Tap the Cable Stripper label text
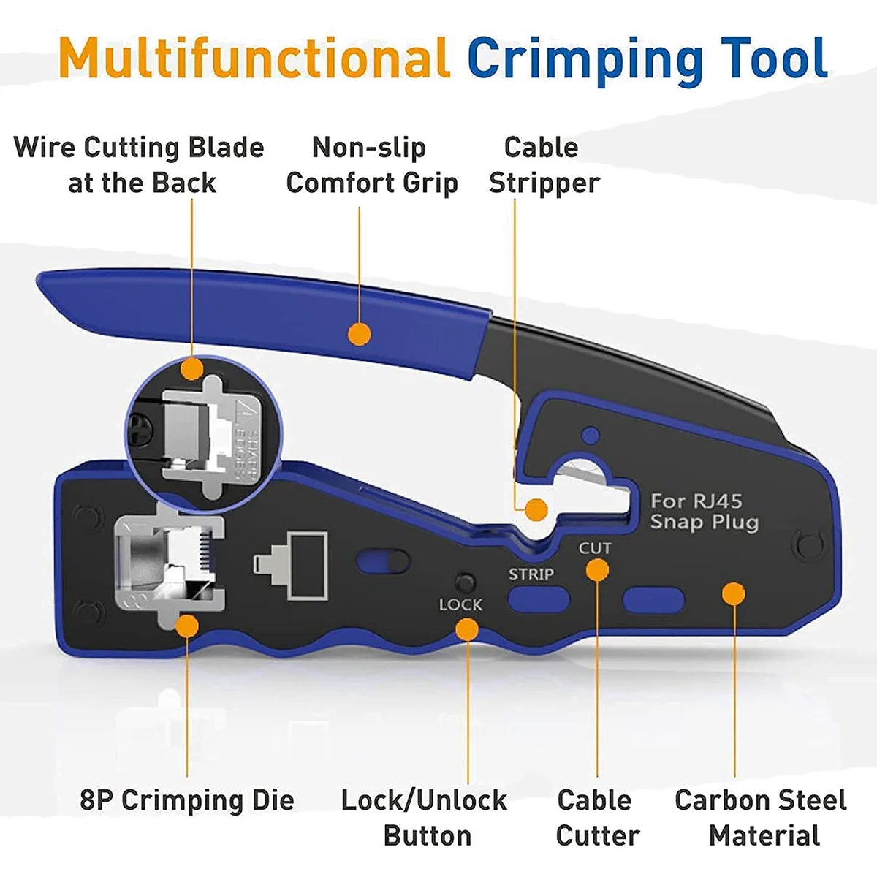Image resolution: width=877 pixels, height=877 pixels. (x=543, y=165)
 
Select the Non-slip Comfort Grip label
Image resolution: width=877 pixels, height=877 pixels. (x=371, y=165)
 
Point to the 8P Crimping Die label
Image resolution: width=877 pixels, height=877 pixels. (x=187, y=800)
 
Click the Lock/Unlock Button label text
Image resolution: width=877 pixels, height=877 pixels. (x=425, y=818)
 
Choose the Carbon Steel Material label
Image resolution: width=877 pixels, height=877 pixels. (x=761, y=818)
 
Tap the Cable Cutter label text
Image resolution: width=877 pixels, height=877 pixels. (x=596, y=818)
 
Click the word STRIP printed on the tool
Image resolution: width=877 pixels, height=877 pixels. (x=531, y=574)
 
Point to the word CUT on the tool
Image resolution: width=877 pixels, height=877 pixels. (x=595, y=548)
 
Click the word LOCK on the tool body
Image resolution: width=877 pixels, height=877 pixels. (x=460, y=605)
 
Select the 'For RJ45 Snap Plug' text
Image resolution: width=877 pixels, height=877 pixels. (x=704, y=512)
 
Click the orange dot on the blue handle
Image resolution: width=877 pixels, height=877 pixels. (x=359, y=334)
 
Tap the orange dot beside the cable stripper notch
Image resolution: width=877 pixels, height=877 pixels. (x=536, y=509)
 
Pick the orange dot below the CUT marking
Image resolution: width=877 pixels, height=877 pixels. (x=597, y=570)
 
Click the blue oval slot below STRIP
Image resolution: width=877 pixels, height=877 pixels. (x=538, y=600)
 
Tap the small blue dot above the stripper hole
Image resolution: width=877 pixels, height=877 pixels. (x=590, y=436)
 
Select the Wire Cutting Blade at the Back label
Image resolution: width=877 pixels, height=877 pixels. (x=140, y=165)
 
